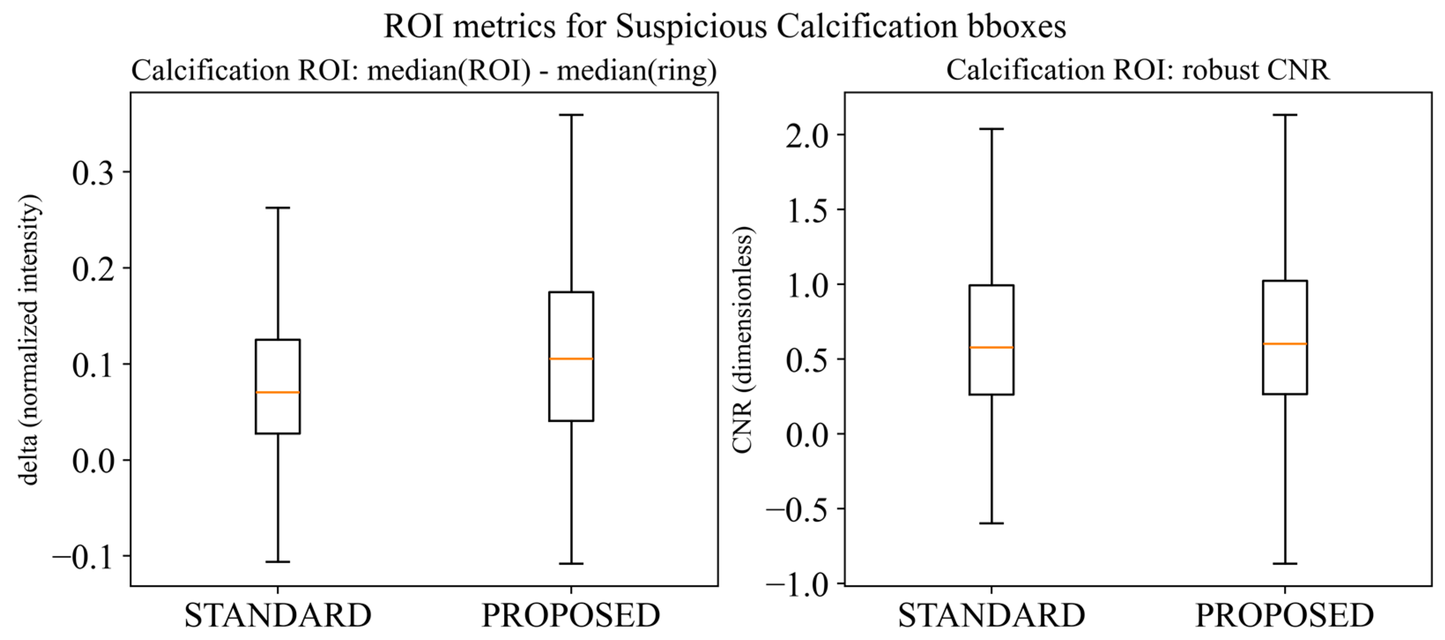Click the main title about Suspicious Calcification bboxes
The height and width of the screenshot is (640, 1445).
(725, 26)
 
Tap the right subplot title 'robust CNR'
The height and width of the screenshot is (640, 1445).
(1137, 71)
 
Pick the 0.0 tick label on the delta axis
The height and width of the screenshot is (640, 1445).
(93, 460)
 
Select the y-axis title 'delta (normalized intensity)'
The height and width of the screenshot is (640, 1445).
(29, 340)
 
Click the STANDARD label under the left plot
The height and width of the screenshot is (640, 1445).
(278, 615)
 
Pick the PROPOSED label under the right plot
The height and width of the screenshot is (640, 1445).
(1285, 615)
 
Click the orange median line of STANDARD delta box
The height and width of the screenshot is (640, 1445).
(278, 392)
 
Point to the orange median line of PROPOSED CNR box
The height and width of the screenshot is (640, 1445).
(1285, 344)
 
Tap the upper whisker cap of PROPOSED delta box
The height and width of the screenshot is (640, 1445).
(571, 115)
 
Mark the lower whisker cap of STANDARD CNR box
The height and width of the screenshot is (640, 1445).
(991, 523)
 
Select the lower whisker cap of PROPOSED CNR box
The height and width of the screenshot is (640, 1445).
(1285, 563)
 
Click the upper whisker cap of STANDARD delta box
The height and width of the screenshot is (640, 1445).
(278, 208)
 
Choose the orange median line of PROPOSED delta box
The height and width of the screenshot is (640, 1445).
(571, 358)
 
